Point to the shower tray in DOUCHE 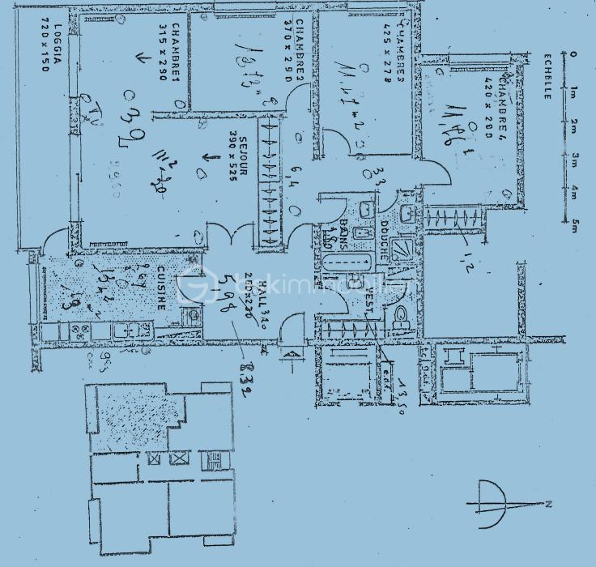(400, 247)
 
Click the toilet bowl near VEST (400, 319)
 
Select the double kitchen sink (130, 330)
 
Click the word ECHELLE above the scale (548, 76)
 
